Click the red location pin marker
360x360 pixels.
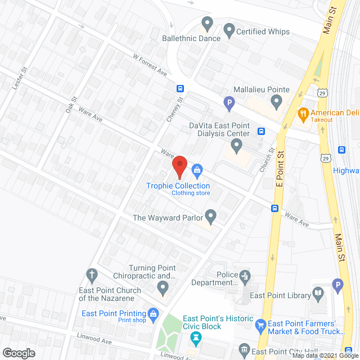pyautogui.click(x=179, y=167)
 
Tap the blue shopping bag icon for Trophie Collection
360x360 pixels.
pyautogui.click(x=197, y=169)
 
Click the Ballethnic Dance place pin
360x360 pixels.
pyautogui.click(x=207, y=25)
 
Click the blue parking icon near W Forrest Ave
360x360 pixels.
pyautogui.click(x=228, y=103)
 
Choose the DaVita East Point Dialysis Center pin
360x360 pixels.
pyautogui.click(x=237, y=147)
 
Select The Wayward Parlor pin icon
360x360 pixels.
pyautogui.click(x=211, y=215)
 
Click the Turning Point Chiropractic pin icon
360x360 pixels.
pyautogui.click(x=163, y=289)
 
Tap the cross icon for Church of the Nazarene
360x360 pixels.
pyautogui.click(x=92, y=275)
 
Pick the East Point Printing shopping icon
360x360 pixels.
pyautogui.click(x=152, y=313)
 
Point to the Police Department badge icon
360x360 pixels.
pyautogui.click(x=245, y=276)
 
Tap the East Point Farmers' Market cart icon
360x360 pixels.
pyautogui.click(x=260, y=325)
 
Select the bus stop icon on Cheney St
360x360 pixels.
pyautogui.click(x=181, y=88)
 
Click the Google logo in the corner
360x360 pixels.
pyautogui.click(x=18, y=353)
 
